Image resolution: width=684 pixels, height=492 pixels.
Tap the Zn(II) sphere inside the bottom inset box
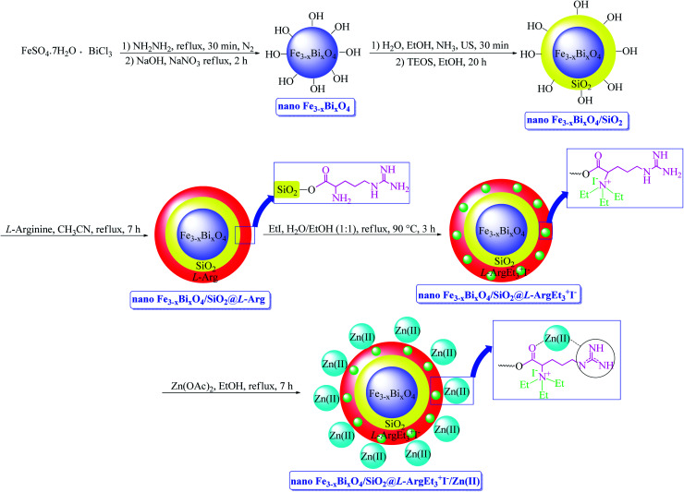[578, 340]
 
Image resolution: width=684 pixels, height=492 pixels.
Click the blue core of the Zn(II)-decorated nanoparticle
[404, 394]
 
